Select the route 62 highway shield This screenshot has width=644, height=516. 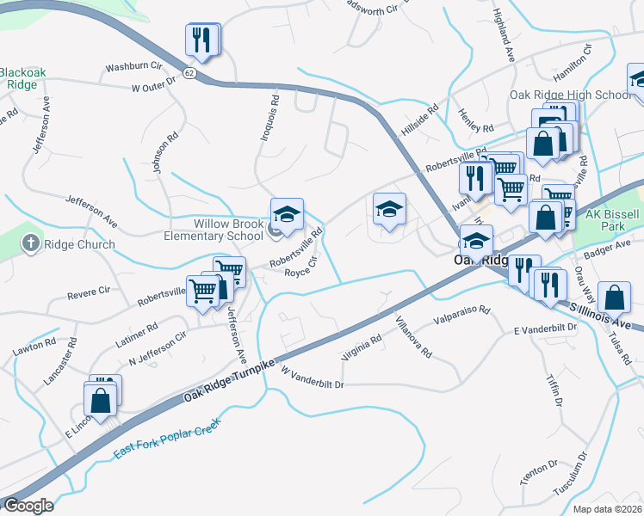coord(189,74)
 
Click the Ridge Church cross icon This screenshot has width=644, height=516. coord(31,244)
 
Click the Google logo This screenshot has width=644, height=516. coord(28,506)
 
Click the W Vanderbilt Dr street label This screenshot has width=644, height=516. coord(312,379)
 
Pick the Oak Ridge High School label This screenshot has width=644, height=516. coord(570,95)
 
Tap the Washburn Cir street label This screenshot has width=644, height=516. coord(133,65)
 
